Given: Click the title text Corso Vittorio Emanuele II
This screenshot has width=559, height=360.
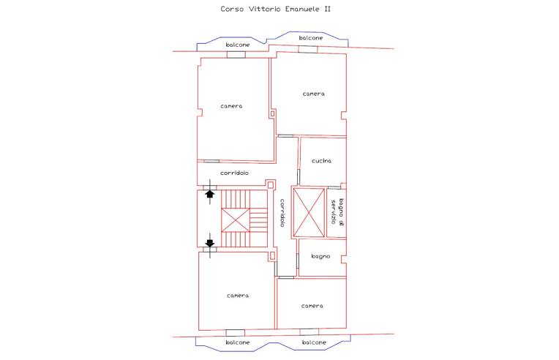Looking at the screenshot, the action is coord(275,9).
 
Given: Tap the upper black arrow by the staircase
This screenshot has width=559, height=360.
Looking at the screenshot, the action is coord(209,194).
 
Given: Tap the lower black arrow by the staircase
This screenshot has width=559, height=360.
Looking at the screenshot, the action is coord(209,243).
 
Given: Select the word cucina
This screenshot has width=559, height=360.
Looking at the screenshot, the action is coord(321,161).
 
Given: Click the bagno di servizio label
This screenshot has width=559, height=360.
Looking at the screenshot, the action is coord(337,211).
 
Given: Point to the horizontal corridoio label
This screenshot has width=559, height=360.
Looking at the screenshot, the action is coord(234,173).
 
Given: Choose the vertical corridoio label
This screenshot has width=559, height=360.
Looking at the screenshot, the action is coord(282,213).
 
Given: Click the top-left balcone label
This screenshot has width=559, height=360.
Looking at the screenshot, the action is coord(238,45).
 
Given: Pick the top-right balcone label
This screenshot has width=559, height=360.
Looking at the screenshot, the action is coord(311,38).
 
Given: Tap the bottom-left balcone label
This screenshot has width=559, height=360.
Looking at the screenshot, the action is coord(238,342).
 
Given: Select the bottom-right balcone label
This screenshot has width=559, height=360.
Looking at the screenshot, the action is coord(314,342).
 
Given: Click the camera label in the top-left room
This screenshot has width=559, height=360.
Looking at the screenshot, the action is coord(231,106).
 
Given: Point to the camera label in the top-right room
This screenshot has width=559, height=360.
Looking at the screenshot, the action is coord(314,94).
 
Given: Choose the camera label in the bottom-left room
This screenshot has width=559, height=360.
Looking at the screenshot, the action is coord(238,296).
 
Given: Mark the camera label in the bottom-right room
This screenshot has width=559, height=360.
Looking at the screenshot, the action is coord(312,306).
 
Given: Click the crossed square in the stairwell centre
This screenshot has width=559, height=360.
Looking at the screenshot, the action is coord(236,220).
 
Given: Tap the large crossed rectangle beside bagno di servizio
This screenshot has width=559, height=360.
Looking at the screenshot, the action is coord(309,212).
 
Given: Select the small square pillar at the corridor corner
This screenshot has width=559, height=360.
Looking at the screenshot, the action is coord(271,184).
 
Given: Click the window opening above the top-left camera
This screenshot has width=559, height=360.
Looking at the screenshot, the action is coord(236,55).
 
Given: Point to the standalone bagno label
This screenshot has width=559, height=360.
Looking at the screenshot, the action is coord(320,256).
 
